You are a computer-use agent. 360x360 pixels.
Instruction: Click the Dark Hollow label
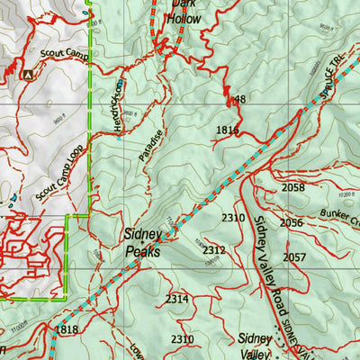[185, 10]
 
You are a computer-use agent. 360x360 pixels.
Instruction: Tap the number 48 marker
[239, 100]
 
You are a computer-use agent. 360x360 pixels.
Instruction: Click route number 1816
[227, 131]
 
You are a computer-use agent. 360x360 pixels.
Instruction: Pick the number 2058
[293, 188]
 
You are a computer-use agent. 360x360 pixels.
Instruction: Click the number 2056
[291, 222]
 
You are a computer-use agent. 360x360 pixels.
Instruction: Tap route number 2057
[294, 257]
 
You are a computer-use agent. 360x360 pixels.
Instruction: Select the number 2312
[214, 250]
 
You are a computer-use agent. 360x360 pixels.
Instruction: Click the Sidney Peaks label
[142, 244]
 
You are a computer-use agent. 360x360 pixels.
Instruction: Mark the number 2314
[177, 299]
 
